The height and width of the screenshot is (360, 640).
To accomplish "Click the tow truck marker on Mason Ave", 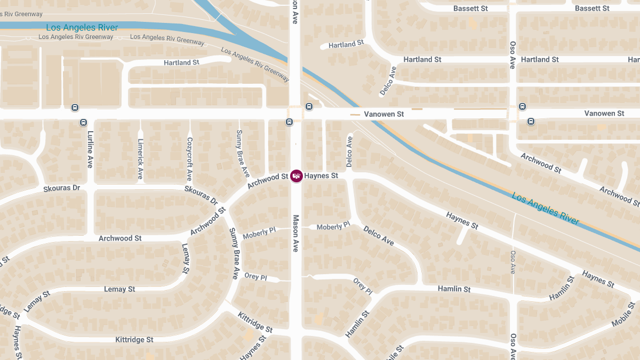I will (296, 176).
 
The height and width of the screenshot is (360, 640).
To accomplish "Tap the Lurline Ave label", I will (90, 150).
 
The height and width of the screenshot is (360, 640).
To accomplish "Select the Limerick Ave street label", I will (140, 159).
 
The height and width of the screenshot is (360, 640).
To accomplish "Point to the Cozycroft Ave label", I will (189, 159).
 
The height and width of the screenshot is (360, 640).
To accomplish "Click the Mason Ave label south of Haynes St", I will (295, 233).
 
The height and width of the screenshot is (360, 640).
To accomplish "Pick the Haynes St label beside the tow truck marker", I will (321, 176).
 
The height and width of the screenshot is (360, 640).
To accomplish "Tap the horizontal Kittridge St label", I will (134, 340).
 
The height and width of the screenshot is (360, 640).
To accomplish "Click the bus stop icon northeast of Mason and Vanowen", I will (309, 107).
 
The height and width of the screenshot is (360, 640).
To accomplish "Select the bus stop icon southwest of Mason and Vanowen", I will (289, 122).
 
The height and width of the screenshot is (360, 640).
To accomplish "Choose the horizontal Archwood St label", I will (120, 238).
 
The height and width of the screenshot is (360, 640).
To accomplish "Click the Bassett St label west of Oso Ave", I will (470, 9).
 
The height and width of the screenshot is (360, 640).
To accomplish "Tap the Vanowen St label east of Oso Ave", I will (604, 114).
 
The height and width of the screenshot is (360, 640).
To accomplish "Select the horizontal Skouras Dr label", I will (61, 188).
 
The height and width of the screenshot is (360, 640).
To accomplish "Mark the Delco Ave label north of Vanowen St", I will (388, 81).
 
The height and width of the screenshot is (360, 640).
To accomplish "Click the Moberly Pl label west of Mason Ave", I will (259, 233).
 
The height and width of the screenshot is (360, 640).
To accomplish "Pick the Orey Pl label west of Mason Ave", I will (255, 276).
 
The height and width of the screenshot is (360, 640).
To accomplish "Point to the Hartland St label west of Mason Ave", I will (181, 62).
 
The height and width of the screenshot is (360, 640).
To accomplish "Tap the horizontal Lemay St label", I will (119, 289).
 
